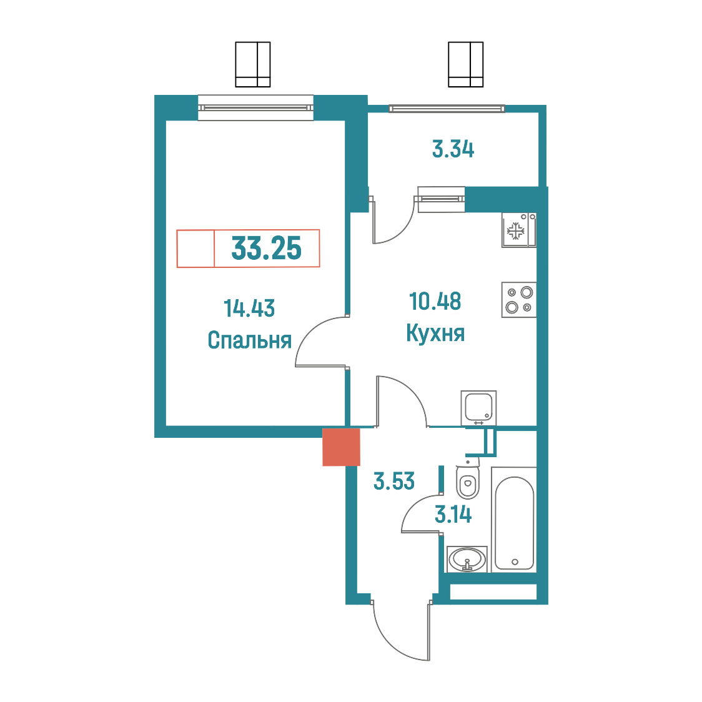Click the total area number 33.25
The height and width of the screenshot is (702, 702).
point(267,249)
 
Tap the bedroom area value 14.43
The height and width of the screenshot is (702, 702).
point(249,309)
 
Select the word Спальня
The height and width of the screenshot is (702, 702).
point(249,340)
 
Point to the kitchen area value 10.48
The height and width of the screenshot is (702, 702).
point(435,301)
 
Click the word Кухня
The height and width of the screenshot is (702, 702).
point(435,333)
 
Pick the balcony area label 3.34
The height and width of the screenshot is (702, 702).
point(453,149)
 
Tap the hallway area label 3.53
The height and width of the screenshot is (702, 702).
point(394,481)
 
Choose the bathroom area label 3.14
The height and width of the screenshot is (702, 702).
point(453,515)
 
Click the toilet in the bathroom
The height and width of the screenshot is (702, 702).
point(467,479)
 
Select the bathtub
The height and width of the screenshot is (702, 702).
point(515,520)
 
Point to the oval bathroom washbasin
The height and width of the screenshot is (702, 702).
point(467,559)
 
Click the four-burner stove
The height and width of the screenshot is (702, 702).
point(519,300)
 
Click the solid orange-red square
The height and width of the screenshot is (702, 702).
point(341,447)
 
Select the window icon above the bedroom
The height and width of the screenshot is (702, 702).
point(253,64)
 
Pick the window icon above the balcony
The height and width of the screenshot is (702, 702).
point(466,64)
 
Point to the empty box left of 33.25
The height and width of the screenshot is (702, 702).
point(195,249)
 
